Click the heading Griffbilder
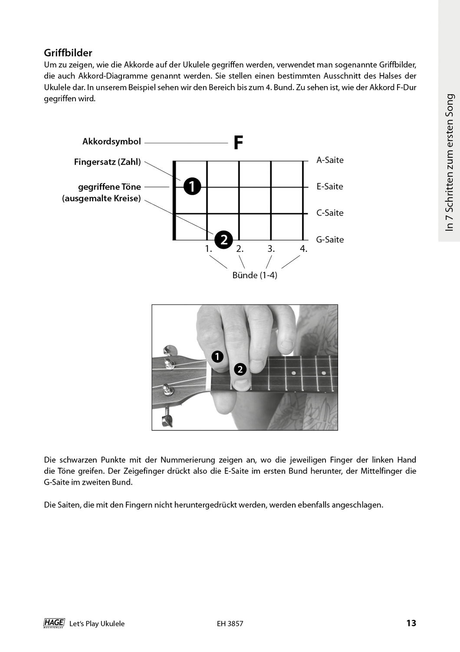(x=68, y=53)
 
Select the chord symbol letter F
(x=238, y=143)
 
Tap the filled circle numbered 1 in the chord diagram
(x=192, y=186)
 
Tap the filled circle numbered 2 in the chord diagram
(x=224, y=240)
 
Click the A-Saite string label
(x=330, y=160)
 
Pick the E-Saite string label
(x=330, y=186)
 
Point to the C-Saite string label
(x=330, y=213)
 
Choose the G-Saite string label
(x=330, y=240)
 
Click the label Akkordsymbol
(x=112, y=142)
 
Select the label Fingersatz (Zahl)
(x=107, y=162)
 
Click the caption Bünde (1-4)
(x=255, y=275)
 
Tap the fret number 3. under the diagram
(x=271, y=249)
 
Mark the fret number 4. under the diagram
(x=303, y=249)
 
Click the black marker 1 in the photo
(x=217, y=357)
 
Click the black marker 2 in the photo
(x=240, y=369)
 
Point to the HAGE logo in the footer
(x=54, y=623)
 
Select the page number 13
(x=411, y=623)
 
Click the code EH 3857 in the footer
(x=230, y=624)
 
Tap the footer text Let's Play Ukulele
(x=97, y=624)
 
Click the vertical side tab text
(x=450, y=162)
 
